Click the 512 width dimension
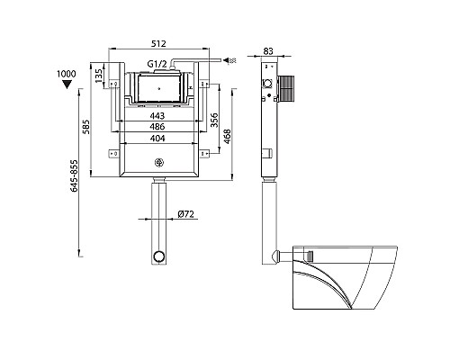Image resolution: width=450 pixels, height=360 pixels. click(x=158, y=43)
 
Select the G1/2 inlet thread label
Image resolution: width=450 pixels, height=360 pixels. click(x=157, y=64)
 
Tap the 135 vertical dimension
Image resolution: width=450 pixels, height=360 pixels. click(x=98, y=76)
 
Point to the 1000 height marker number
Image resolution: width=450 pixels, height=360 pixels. click(x=67, y=74)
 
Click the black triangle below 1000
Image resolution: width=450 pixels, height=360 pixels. click(x=67, y=85)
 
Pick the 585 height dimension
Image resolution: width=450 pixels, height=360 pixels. click(x=86, y=127)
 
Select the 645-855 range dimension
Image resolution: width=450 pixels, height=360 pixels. click(x=74, y=175)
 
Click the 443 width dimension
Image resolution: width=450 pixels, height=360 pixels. click(x=157, y=116)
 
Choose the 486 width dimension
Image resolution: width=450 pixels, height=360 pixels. click(x=157, y=127)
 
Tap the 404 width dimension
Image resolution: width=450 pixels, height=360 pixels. click(x=157, y=138)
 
